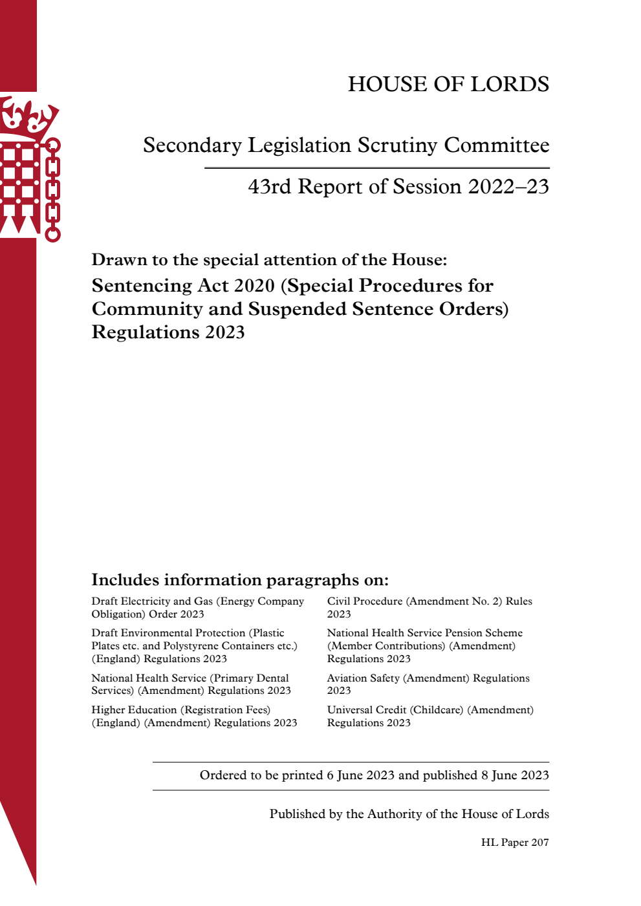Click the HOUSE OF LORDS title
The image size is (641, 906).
(x=448, y=84)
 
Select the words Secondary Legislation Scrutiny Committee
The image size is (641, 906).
(x=346, y=146)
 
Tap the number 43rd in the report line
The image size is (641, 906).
(x=269, y=187)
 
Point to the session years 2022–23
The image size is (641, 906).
(x=508, y=187)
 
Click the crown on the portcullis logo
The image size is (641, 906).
(x=29, y=116)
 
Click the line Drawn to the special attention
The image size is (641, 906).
(x=269, y=260)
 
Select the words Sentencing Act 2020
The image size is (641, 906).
(x=184, y=286)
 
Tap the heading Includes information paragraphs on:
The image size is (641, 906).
(x=240, y=579)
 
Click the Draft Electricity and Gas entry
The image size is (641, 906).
(x=197, y=608)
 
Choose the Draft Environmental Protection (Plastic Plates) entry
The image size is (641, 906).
(x=194, y=645)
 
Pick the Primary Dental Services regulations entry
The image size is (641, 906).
(x=191, y=684)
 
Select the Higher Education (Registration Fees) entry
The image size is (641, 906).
(x=194, y=716)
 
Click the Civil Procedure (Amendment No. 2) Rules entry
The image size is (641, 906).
(x=429, y=608)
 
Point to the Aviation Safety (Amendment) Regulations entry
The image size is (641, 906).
(x=428, y=684)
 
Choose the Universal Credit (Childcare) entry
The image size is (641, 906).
(x=430, y=716)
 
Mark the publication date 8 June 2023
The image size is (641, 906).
(x=515, y=775)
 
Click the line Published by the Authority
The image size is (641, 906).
(x=409, y=814)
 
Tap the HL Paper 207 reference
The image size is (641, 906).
(x=515, y=843)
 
